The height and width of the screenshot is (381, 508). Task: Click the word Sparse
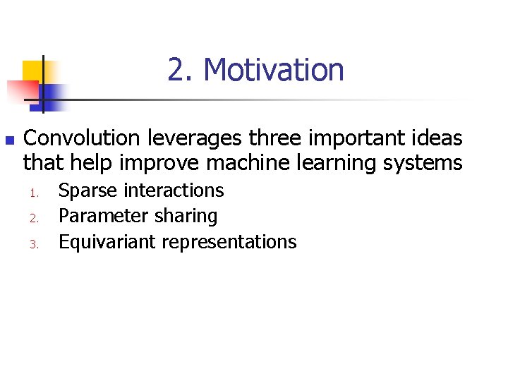(x=88, y=190)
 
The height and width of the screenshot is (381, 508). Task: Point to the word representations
(x=229, y=243)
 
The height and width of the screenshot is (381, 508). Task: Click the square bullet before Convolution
(x=8, y=139)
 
